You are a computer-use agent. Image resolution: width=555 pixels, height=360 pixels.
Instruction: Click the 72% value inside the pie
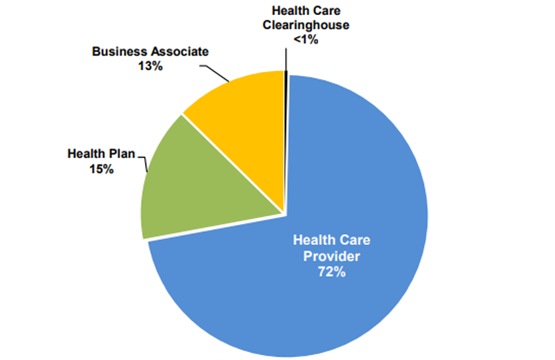[x=331, y=272]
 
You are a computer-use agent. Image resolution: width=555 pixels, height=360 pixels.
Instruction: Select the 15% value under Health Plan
[x=101, y=169]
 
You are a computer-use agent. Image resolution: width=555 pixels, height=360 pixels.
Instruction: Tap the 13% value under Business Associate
[x=151, y=66]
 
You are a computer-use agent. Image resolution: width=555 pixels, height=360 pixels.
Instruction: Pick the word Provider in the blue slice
[x=331, y=256]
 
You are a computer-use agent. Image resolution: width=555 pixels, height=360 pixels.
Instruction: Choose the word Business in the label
[x=117, y=52]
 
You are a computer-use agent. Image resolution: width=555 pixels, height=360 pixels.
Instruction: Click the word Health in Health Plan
[x=86, y=154]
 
